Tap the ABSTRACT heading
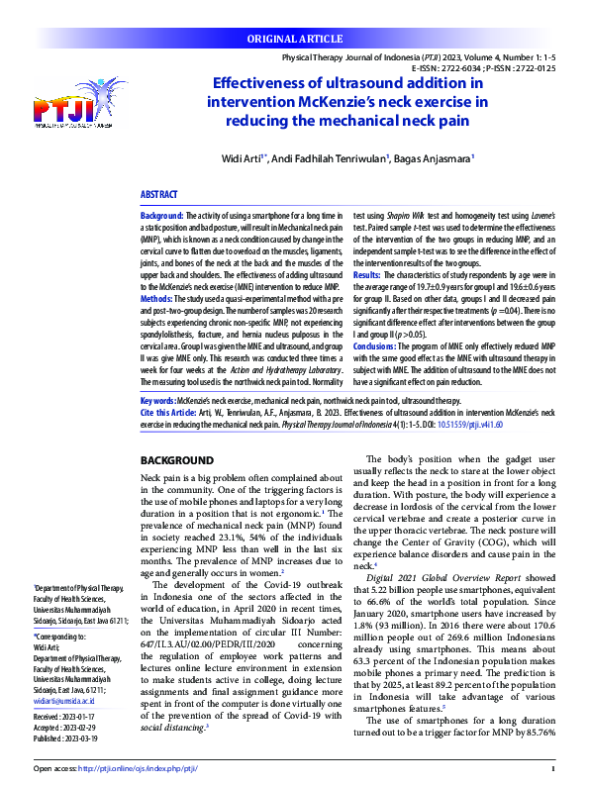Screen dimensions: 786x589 pos(158,197)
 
